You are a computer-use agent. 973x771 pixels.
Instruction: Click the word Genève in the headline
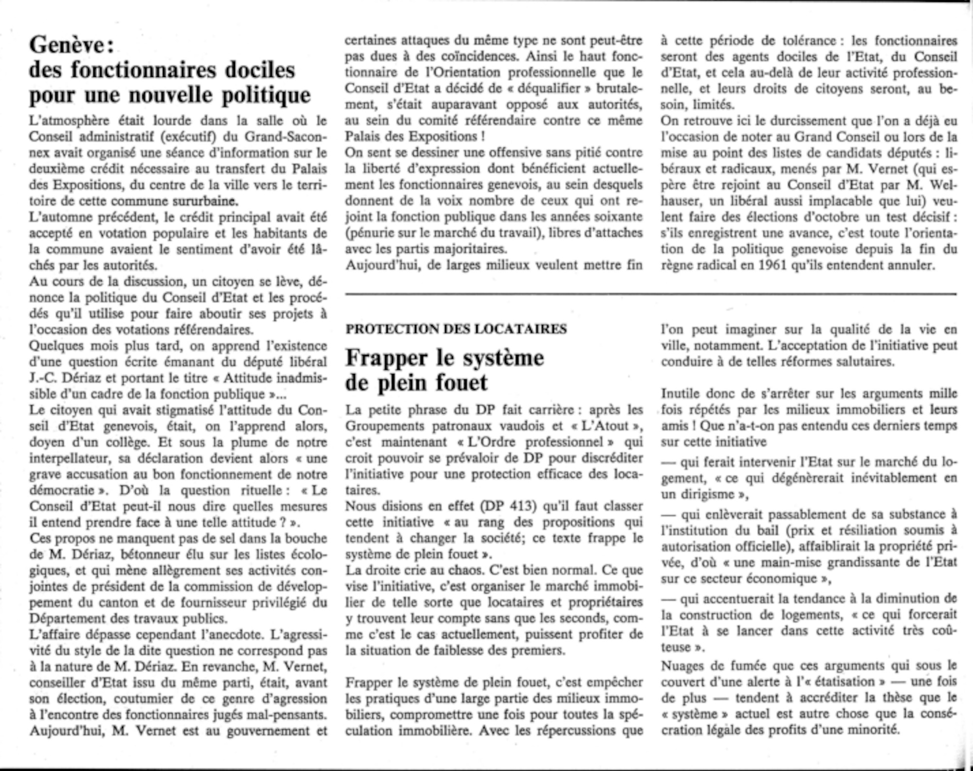[x=67, y=46]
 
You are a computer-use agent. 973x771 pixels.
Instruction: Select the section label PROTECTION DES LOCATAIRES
[x=456, y=329]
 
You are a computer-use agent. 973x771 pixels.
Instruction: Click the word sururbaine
[x=206, y=201]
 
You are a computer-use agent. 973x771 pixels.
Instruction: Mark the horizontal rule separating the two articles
[x=650, y=294]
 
